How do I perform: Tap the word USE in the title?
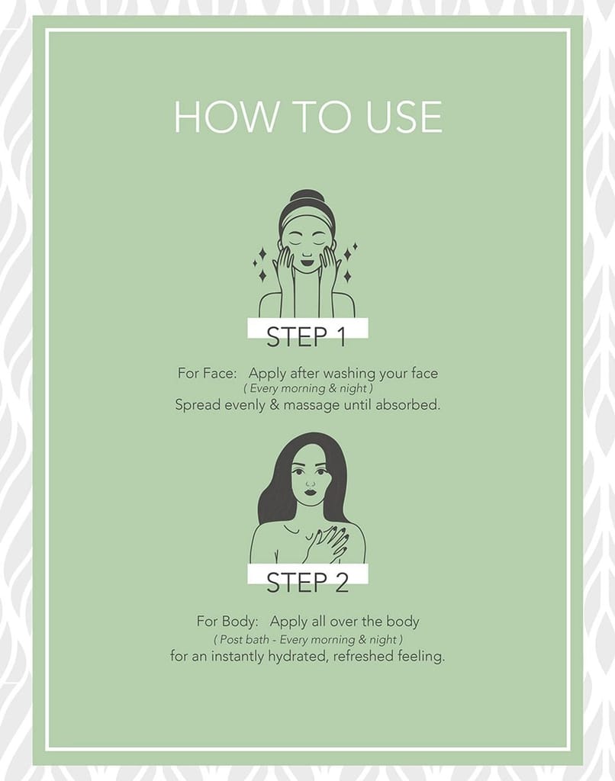pyautogui.click(x=404, y=117)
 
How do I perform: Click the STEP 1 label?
pyautogui.click(x=307, y=336)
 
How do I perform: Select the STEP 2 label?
pyautogui.click(x=307, y=582)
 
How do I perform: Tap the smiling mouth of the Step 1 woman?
pyautogui.click(x=307, y=261)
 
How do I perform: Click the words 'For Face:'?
pyautogui.click(x=208, y=373)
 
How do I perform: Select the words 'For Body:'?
pyautogui.click(x=227, y=622)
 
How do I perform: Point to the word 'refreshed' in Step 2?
pyautogui.click(x=363, y=656)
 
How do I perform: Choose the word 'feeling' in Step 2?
pyautogui.click(x=420, y=657)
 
